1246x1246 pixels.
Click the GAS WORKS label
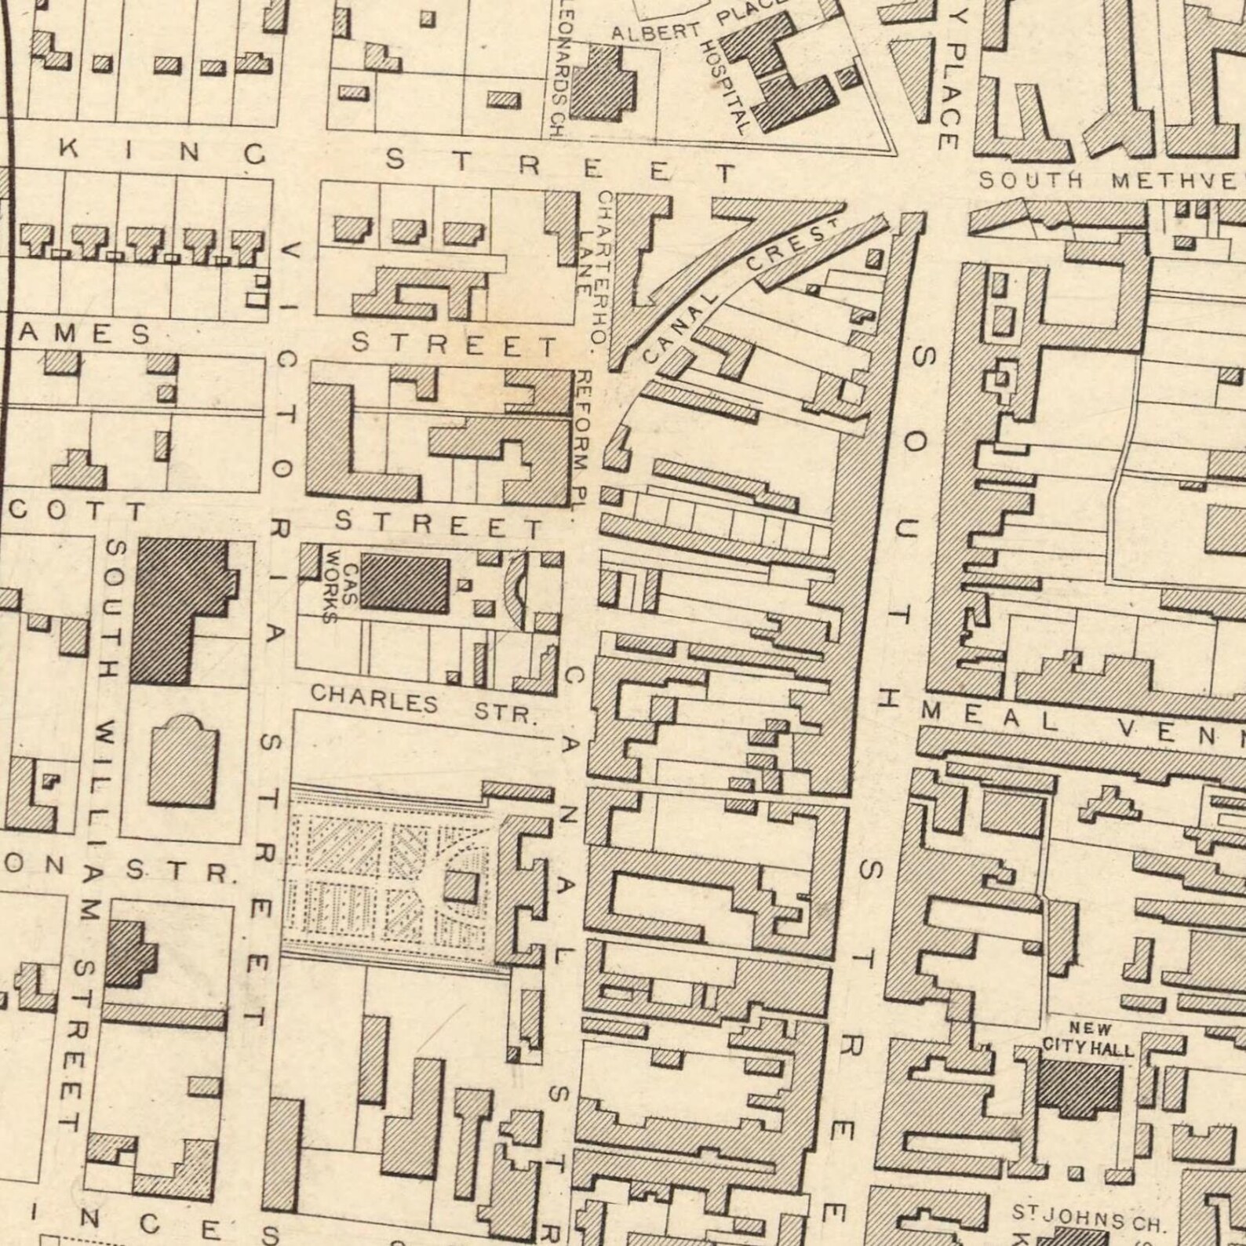[x=341, y=594]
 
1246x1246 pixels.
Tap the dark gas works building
[x=405, y=584]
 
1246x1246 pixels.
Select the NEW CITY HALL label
[x=1088, y=1039]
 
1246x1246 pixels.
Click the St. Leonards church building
[x=603, y=82]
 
